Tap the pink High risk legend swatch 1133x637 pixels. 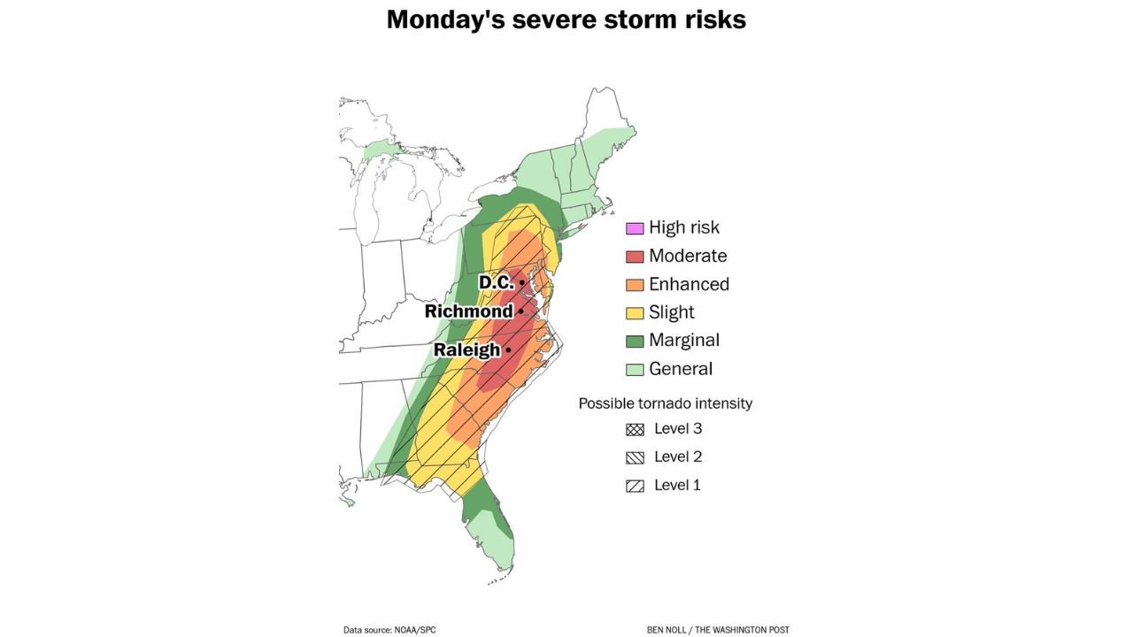coord(635,228)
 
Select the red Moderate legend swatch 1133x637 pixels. coord(635,257)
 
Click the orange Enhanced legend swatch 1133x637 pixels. coord(635,285)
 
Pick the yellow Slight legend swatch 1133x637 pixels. coord(635,313)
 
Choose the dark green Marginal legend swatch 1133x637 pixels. coord(635,342)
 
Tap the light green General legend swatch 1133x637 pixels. coord(635,370)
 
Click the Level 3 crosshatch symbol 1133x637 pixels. coord(635,430)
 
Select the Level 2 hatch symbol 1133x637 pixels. coord(635,458)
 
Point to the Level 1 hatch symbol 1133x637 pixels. coord(635,487)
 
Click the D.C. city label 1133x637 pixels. coord(496,282)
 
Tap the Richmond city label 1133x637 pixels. coord(468,311)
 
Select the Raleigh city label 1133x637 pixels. coord(466,350)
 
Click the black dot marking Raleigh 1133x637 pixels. coord(508,350)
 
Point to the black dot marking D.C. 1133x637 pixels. coord(522,282)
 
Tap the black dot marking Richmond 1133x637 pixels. coord(520,311)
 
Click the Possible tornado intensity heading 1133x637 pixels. coord(665,403)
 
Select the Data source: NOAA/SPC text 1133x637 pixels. coord(389,630)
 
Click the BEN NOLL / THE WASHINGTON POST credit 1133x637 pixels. coord(718,630)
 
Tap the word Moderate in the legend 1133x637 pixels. coord(688,256)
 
